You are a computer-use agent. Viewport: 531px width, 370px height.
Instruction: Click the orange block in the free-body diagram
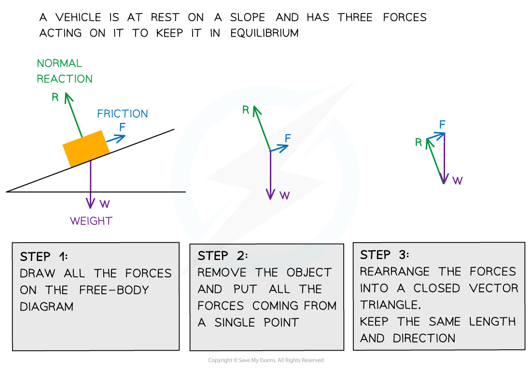tap(86, 149)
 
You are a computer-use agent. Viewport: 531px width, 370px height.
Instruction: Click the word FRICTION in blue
tap(123, 114)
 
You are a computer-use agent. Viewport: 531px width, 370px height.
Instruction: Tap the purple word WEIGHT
tap(91, 221)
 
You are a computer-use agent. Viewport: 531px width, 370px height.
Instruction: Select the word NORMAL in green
tap(59, 63)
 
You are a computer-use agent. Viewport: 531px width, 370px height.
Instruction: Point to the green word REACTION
tap(65, 79)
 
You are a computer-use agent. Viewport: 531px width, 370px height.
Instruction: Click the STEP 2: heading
tap(223, 256)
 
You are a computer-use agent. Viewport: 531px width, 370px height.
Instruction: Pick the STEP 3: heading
tap(384, 255)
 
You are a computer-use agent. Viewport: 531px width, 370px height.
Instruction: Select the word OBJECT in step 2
tap(309, 272)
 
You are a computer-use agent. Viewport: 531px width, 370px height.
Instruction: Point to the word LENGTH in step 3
tap(493, 321)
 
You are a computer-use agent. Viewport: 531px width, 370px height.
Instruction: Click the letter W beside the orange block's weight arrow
tap(105, 204)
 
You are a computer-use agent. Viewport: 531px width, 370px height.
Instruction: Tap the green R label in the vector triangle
tap(419, 143)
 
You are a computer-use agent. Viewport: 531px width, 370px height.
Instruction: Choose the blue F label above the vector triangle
tap(442, 125)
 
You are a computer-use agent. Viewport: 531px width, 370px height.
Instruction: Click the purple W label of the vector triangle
tap(458, 181)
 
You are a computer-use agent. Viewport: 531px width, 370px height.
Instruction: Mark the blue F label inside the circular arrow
tap(288, 138)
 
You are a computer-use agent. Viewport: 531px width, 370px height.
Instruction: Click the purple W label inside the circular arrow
tap(285, 195)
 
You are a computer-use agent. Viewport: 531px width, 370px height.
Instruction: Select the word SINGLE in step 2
tap(236, 322)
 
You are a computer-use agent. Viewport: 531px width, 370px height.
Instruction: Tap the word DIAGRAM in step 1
tap(47, 306)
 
